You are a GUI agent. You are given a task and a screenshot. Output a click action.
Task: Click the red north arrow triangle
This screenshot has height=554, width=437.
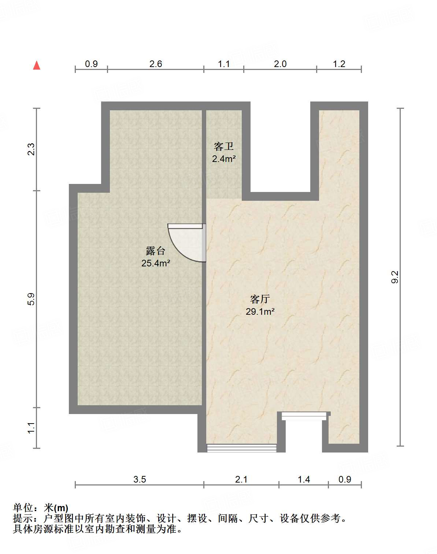click(x=37, y=65)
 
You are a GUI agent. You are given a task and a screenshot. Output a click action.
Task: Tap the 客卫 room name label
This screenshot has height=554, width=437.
click(x=223, y=147)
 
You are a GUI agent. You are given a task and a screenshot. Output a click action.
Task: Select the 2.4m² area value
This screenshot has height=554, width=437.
click(x=223, y=159)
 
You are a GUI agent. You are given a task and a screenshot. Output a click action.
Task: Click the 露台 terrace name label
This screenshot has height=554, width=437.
click(x=156, y=251)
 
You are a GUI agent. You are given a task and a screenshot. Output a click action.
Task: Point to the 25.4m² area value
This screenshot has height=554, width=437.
click(x=156, y=263)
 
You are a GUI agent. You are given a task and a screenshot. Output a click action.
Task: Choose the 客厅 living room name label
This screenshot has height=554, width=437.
click(x=260, y=299)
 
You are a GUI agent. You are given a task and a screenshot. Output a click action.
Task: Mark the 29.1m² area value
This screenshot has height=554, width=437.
click(x=260, y=312)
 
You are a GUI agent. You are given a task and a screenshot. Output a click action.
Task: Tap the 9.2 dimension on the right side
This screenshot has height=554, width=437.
click(x=395, y=277)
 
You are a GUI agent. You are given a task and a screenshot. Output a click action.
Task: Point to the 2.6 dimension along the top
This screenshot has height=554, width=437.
click(x=156, y=64)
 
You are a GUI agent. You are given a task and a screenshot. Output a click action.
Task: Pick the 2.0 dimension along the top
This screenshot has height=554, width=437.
click(x=280, y=64)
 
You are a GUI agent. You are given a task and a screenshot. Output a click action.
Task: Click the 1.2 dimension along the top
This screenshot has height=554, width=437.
click(x=339, y=64)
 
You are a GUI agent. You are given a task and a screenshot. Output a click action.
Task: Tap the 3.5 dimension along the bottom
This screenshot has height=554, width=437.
click(x=140, y=479)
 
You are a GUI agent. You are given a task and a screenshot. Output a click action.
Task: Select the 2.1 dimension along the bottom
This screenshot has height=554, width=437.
click(x=241, y=479)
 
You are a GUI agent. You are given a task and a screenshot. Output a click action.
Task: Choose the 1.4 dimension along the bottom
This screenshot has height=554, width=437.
click(x=304, y=479)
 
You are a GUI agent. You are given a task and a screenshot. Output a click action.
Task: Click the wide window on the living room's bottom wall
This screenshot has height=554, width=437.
click(x=241, y=448)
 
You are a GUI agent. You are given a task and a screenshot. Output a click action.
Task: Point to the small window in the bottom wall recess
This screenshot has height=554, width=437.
click(x=304, y=416)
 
